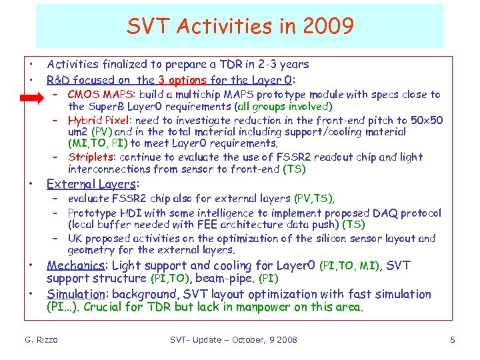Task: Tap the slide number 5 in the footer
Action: (x=453, y=340)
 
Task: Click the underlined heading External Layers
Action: (x=93, y=184)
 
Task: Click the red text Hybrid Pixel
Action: (x=99, y=120)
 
